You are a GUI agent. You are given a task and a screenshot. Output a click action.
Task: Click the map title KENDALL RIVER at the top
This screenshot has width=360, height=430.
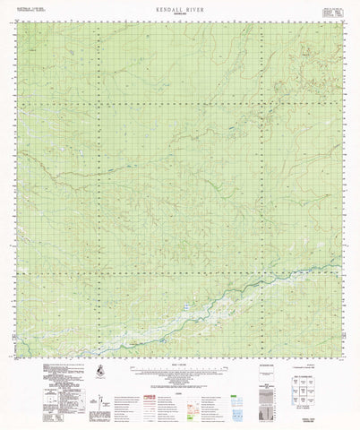click(179, 6)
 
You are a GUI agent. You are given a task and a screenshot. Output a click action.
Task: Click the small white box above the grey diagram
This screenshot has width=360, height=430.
click(270, 369)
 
